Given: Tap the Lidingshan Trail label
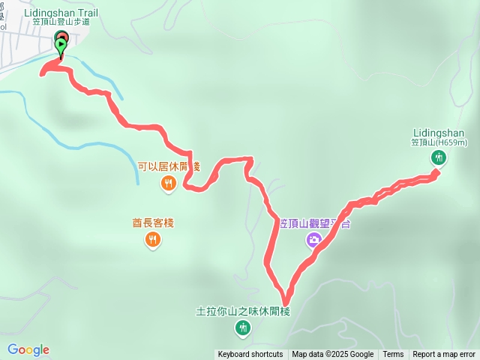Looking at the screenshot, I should [60, 13].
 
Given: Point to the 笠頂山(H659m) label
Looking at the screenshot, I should [439, 142].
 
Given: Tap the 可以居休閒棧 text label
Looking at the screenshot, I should [169, 166].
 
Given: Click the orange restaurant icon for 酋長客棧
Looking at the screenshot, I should [152, 239].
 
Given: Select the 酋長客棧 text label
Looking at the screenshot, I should [148, 223].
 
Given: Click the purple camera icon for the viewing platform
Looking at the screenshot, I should [313, 240].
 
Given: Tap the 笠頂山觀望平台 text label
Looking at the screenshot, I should [315, 223].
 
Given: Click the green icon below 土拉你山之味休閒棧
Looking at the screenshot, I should [243, 327].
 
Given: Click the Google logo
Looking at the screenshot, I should [28, 349].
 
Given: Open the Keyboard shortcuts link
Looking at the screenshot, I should [250, 355].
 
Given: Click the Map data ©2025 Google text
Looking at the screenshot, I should [332, 355].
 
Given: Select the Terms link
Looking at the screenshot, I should [393, 355].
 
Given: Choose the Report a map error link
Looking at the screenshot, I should [444, 355].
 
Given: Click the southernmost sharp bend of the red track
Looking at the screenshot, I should [284, 294].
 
